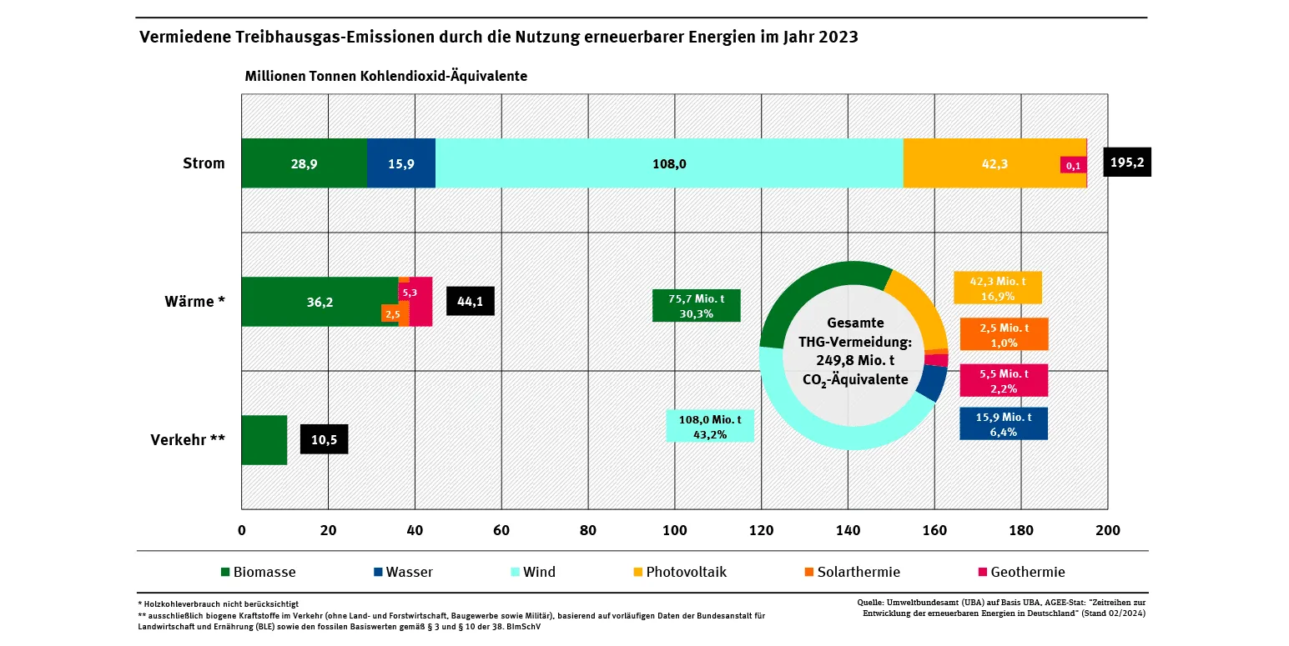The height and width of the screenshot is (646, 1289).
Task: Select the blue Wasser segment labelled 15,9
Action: coord(400,163)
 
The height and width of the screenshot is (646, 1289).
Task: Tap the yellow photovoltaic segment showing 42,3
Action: coord(980,163)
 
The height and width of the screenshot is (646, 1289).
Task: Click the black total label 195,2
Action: coord(1127,163)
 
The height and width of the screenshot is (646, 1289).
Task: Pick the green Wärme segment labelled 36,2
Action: coord(320,302)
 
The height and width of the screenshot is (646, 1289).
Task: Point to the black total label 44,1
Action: coord(471,302)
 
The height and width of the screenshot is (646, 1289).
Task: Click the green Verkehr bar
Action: coord(264,440)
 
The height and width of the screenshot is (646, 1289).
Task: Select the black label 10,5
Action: coord(324,440)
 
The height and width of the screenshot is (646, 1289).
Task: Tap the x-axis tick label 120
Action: coord(762,531)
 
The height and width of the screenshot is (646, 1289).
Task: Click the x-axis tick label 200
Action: coord(1107,531)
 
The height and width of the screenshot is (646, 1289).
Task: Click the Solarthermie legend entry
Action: coord(851,573)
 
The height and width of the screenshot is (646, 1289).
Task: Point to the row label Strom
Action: coord(204,163)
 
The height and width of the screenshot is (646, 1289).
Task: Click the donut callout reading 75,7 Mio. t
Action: coord(696,306)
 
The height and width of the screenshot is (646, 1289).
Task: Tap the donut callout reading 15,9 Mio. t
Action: coord(1004,423)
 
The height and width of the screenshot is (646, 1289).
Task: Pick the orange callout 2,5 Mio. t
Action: coord(1004,334)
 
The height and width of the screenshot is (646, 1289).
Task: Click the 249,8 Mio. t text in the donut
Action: coord(854,360)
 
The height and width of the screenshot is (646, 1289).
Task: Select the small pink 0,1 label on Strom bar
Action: coord(1072,165)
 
